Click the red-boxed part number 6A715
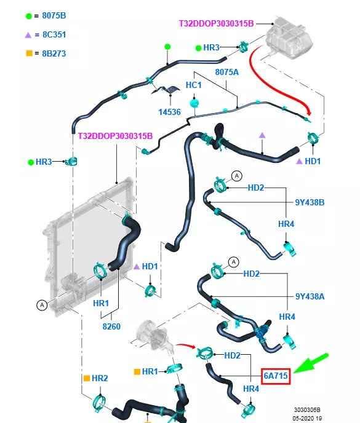tap(276, 376)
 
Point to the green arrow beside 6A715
tap(311, 363)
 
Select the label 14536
tap(169, 112)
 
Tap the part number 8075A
tap(227, 72)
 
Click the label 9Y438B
tap(310, 202)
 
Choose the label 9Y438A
tap(310, 296)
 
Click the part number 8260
tap(111, 326)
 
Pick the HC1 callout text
tap(194, 85)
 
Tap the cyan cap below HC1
tap(194, 103)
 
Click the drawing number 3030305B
tap(307, 409)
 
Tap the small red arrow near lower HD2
tap(186, 346)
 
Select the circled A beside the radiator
tap(42, 305)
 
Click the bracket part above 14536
tap(167, 90)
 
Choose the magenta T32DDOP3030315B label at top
tap(217, 23)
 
